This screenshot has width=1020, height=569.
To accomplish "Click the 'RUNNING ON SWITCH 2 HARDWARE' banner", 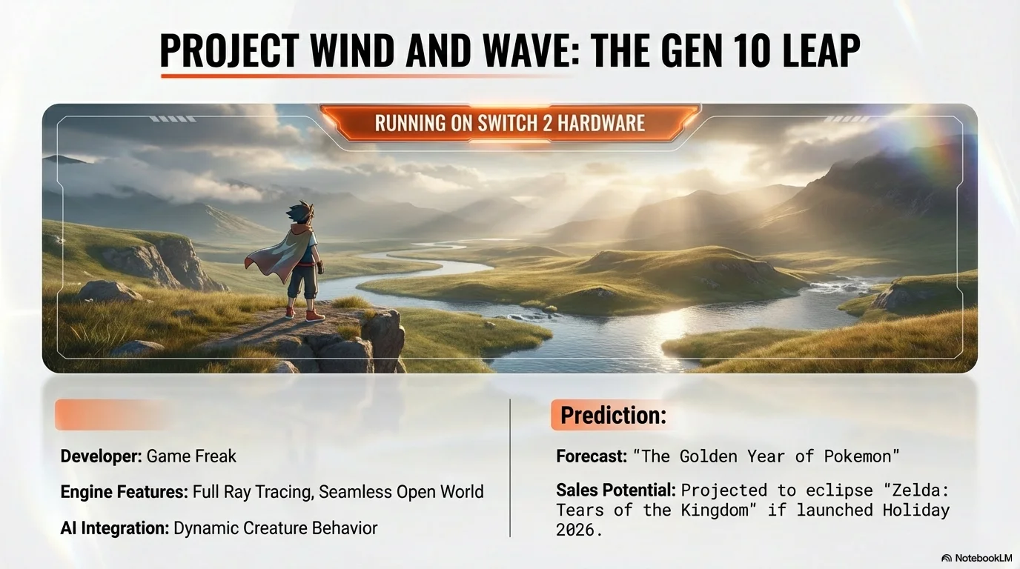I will pyautogui.click(x=509, y=122).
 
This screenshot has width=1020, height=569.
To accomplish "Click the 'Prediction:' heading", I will pyautogui.click(x=613, y=416).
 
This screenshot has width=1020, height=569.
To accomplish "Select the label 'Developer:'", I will pyautogui.click(x=101, y=456).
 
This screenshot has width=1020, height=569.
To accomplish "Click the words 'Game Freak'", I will pyautogui.click(x=191, y=456).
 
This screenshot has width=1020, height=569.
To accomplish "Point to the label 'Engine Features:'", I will pyautogui.click(x=124, y=492).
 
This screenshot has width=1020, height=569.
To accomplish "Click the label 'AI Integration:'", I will pyautogui.click(x=114, y=528).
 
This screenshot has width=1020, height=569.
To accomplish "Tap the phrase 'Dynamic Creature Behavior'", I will pyautogui.click(x=275, y=528).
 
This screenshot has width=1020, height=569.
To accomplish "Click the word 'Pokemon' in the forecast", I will pyautogui.click(x=862, y=456).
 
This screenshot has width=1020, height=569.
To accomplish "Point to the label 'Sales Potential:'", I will pyautogui.click(x=616, y=490).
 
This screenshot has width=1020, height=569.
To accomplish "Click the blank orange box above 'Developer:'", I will pyautogui.click(x=111, y=415).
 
